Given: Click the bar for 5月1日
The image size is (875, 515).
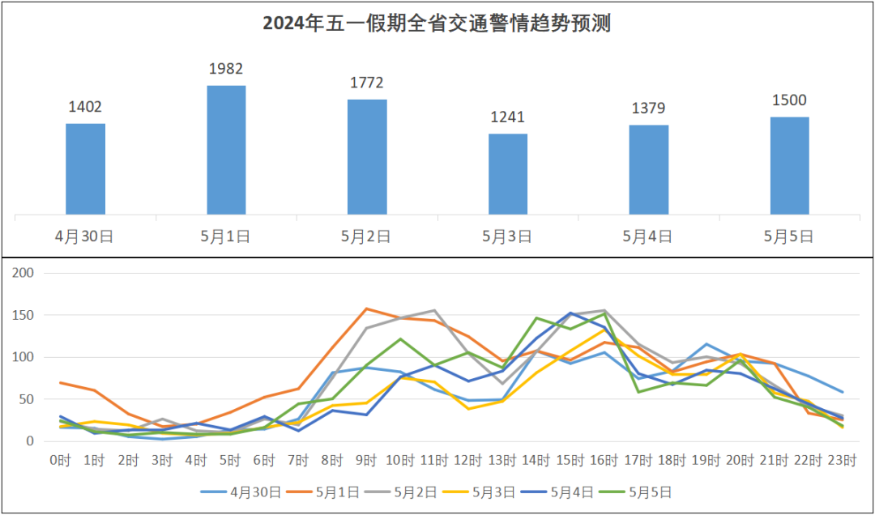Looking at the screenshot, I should [226, 150].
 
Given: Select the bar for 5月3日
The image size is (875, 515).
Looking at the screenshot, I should [508, 174].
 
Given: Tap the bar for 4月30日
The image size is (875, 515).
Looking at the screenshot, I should [85, 169].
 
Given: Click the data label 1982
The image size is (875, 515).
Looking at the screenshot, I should [226, 69].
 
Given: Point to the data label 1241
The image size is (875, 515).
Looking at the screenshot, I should [508, 117].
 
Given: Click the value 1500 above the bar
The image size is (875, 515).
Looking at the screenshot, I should [789, 100].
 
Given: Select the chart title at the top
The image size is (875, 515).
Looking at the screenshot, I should [437, 23].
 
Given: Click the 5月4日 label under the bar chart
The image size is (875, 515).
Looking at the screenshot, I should [648, 236].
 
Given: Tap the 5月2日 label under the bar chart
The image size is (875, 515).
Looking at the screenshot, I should [367, 236].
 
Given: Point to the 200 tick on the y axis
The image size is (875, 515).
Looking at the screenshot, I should [23, 273].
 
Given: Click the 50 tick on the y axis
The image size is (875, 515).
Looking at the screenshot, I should [26, 399].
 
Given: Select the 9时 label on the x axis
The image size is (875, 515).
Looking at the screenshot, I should [367, 461].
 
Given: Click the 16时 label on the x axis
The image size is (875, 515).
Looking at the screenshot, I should [605, 461].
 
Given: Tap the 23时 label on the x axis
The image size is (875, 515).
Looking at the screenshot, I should [843, 461].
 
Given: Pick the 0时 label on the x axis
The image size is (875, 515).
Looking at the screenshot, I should [61, 461].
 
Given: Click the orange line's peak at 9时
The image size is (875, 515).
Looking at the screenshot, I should [367, 309].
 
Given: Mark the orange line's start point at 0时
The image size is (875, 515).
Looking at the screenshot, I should [61, 382].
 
